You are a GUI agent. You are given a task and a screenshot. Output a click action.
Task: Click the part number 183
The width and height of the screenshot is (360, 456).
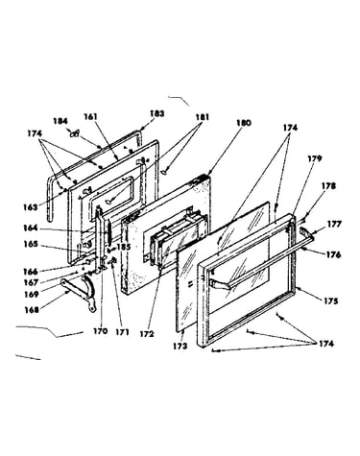157,113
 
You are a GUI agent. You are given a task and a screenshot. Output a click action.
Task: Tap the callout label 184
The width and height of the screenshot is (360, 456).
60,121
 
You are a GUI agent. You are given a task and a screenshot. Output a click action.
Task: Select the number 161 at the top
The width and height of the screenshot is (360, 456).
91,117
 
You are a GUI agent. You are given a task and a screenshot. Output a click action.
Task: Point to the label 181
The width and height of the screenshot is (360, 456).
202,117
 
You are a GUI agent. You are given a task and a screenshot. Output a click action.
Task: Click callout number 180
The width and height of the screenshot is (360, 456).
244,123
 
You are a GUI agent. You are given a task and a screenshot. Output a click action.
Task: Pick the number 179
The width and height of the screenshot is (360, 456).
315,158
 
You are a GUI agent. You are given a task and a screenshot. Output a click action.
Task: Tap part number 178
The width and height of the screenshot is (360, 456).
329,186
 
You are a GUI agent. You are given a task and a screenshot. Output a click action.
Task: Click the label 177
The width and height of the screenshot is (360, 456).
334,224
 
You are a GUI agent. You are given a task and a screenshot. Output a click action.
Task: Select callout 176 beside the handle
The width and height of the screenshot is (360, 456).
333,254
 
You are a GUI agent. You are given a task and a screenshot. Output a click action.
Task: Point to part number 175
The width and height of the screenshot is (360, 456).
330,301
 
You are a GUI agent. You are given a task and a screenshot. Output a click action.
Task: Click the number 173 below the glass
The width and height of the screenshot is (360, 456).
180,346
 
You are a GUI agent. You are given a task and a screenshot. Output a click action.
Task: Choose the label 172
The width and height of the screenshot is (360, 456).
147,334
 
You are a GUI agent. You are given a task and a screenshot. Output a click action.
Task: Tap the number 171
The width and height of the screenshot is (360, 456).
122,332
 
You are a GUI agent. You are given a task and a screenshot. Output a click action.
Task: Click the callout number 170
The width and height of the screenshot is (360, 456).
101,331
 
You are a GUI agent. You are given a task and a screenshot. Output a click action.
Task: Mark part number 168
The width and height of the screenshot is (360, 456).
31,310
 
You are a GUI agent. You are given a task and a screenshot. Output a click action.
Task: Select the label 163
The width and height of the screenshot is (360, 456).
30,206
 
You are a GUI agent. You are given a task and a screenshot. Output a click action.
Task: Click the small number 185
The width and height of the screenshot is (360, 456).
124,247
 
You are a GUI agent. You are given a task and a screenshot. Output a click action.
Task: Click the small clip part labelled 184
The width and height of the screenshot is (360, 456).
75,134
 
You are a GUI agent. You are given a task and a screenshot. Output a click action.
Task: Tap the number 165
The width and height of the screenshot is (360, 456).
31,244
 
